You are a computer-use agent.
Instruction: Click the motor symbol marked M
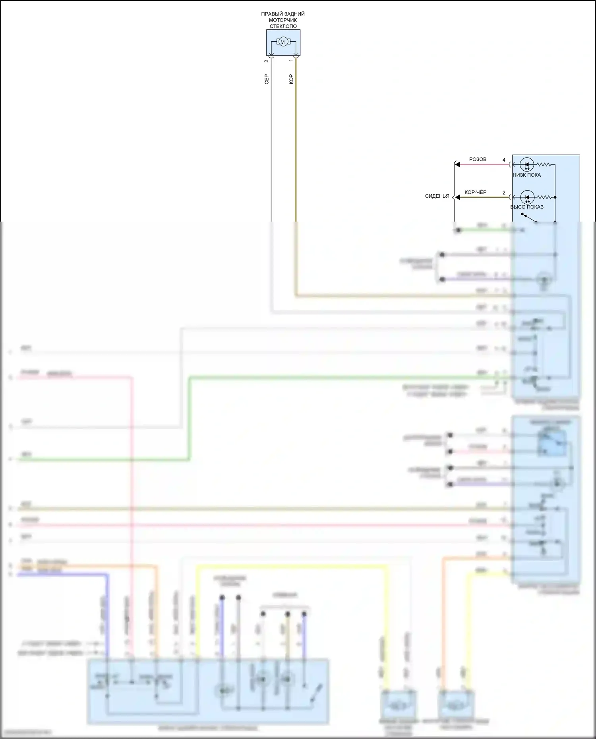(x=283, y=42)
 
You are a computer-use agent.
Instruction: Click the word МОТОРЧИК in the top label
(x=283, y=20)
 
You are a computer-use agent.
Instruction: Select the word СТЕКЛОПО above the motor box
(x=283, y=26)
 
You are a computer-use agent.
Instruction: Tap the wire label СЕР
(x=267, y=79)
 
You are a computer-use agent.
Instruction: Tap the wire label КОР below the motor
(x=291, y=79)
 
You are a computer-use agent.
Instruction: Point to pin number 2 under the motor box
(x=267, y=61)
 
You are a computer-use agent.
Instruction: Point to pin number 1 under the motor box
(x=291, y=60)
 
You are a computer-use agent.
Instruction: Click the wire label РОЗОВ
(x=478, y=159)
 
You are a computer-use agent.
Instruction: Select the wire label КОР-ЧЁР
(x=475, y=192)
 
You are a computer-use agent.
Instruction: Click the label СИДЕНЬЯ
(x=437, y=196)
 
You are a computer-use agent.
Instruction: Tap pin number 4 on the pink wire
(x=504, y=160)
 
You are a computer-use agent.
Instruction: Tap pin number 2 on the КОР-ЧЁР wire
(x=504, y=193)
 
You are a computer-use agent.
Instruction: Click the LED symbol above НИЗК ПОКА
(x=527, y=164)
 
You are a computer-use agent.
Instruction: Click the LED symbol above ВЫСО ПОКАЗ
(x=527, y=197)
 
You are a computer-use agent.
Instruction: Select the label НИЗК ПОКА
(x=526, y=175)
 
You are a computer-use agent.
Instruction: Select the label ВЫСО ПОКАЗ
(x=527, y=207)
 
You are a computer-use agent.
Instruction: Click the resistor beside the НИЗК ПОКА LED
(x=544, y=164)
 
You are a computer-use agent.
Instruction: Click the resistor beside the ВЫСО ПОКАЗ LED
(x=544, y=197)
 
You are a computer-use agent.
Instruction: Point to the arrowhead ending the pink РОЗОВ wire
(x=457, y=164)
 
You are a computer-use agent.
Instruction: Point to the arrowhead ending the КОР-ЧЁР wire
(x=457, y=197)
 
